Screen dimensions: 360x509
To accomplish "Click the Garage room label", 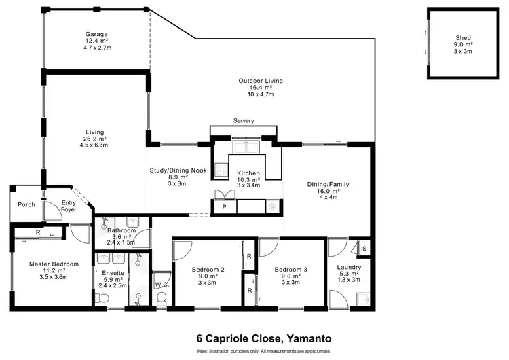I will [96, 35].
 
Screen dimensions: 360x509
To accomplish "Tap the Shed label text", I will [464, 37].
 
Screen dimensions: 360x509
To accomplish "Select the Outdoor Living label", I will [260, 81].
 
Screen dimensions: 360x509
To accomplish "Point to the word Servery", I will [243, 121].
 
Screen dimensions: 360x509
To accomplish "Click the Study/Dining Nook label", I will [178, 170].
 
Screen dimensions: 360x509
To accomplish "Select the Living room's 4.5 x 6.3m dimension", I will [94, 145].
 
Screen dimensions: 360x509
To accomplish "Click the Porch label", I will [26, 204].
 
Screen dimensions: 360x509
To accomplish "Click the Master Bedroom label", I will [54, 264].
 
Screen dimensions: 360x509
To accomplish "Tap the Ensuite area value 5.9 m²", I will [113, 279].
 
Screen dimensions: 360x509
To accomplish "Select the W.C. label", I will [161, 284].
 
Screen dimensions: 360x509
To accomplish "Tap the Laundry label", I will [348, 267].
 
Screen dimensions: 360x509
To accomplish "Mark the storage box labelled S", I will [364, 248].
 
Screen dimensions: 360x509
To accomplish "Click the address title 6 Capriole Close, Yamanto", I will [254, 338].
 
